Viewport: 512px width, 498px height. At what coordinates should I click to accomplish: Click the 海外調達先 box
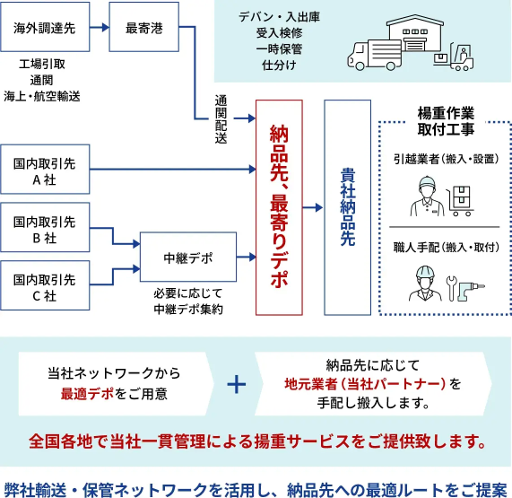pyautogui.click(x=45, y=29)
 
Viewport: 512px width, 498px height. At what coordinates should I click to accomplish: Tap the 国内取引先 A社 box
pyautogui.click(x=45, y=169)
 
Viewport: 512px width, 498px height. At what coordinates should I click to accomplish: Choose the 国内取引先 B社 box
pyautogui.click(x=45, y=229)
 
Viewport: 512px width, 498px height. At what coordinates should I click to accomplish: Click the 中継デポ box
pyautogui.click(x=189, y=258)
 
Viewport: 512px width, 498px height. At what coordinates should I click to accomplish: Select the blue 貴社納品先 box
pyautogui.click(x=347, y=207)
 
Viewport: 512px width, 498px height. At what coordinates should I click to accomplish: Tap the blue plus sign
pyautogui.click(x=236, y=384)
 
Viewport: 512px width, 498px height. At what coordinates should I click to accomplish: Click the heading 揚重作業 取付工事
pyautogui.click(x=446, y=121)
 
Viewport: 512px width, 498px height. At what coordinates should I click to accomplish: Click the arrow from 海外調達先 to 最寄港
pyautogui.click(x=99, y=29)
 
